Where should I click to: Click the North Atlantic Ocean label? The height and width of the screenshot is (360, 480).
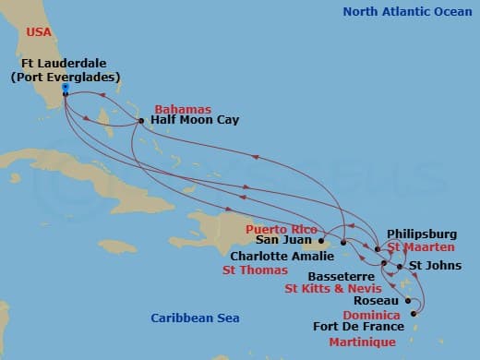[404, 12]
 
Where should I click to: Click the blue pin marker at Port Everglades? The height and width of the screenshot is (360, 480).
[66, 90]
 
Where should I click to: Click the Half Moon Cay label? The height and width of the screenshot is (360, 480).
[186, 120]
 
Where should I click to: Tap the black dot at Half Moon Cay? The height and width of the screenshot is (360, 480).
[140, 120]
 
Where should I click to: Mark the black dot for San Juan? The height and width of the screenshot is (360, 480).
[321, 242]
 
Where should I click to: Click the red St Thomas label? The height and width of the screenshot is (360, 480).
[254, 271]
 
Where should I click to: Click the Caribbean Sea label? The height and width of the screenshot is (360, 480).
[195, 318]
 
